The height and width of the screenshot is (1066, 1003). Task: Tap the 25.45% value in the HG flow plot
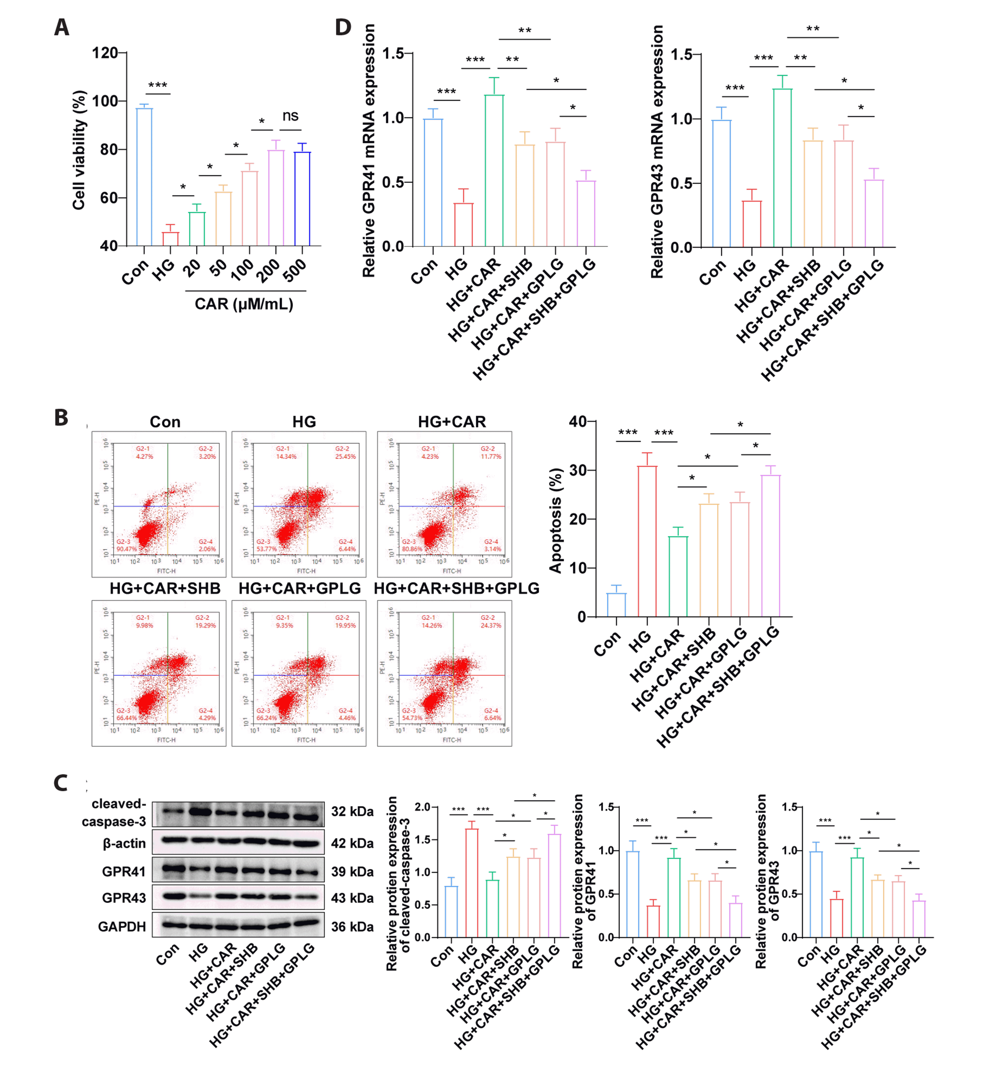click(345, 456)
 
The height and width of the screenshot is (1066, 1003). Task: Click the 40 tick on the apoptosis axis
click(578, 422)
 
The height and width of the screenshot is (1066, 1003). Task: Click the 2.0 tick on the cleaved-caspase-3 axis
click(423, 807)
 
